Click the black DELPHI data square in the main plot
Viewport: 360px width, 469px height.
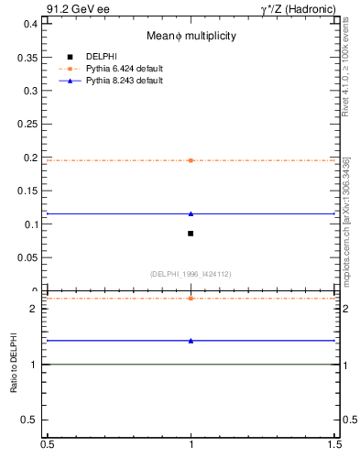pyautogui.click(x=191, y=234)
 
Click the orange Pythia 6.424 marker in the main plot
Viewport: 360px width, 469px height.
pyautogui.click(x=191, y=160)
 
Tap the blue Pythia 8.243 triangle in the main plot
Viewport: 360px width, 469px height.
pyautogui.click(x=191, y=213)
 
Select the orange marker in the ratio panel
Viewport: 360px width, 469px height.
pyautogui.click(x=191, y=299)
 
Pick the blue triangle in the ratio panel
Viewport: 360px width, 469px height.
pyautogui.click(x=191, y=340)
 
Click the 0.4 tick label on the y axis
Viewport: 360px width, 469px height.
pyautogui.click(x=30, y=23)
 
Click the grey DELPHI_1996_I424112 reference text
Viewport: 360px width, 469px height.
pyautogui.click(x=190, y=274)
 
